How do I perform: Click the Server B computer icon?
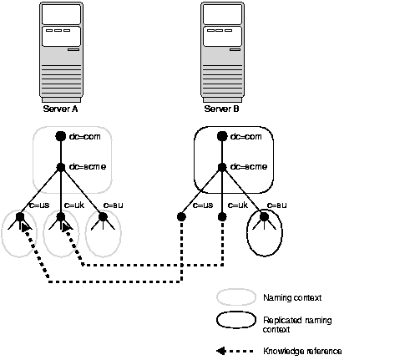(x=222, y=52)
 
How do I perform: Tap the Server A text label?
(x=61, y=108)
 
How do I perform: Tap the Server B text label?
(x=222, y=108)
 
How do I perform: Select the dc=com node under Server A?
(x=60, y=136)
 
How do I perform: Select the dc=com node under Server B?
(x=223, y=136)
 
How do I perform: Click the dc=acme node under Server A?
(x=60, y=166)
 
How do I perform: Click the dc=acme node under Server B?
(x=223, y=166)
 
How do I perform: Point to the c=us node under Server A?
(x=19, y=217)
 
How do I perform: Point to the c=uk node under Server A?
(x=61, y=217)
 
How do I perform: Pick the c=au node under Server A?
(x=102, y=217)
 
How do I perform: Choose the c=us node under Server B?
(x=181, y=217)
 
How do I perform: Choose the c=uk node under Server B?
(x=223, y=217)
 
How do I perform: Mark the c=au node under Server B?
(x=264, y=217)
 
